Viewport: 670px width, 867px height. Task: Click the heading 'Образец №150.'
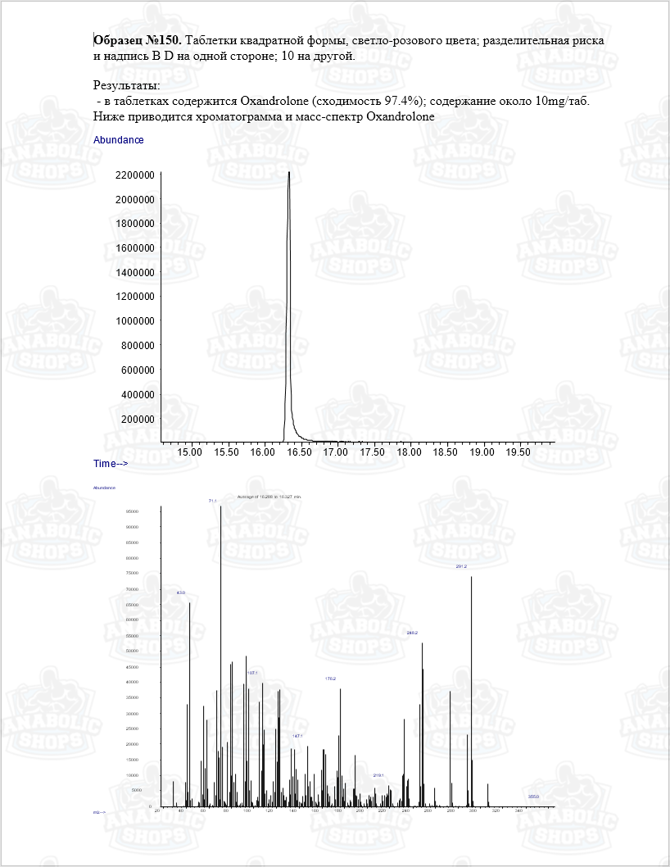(138, 40)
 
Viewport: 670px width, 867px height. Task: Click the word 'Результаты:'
(127, 85)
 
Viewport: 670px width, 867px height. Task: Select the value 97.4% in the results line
(403, 101)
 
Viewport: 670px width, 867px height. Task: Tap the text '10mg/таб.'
(562, 101)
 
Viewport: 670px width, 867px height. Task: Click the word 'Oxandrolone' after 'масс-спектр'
(401, 116)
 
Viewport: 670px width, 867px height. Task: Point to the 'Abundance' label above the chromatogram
(119, 140)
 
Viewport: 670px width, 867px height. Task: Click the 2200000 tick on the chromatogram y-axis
(135, 175)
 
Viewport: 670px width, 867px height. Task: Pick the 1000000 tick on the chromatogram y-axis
(135, 321)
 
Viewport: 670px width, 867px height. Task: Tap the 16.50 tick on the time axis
(298, 452)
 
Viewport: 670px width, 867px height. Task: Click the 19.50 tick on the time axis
(518, 452)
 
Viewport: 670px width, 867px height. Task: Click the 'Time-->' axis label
(111, 464)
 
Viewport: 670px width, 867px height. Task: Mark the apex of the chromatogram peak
(289, 173)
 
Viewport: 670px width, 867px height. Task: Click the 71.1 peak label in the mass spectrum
(212, 500)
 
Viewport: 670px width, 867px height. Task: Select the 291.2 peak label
(461, 566)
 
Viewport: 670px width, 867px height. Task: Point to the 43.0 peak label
(181, 592)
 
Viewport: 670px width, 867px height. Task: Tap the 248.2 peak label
(412, 633)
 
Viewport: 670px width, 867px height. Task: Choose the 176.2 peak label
(331, 679)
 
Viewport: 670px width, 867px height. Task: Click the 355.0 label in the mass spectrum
(533, 797)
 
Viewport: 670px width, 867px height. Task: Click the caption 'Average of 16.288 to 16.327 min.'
(269, 497)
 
